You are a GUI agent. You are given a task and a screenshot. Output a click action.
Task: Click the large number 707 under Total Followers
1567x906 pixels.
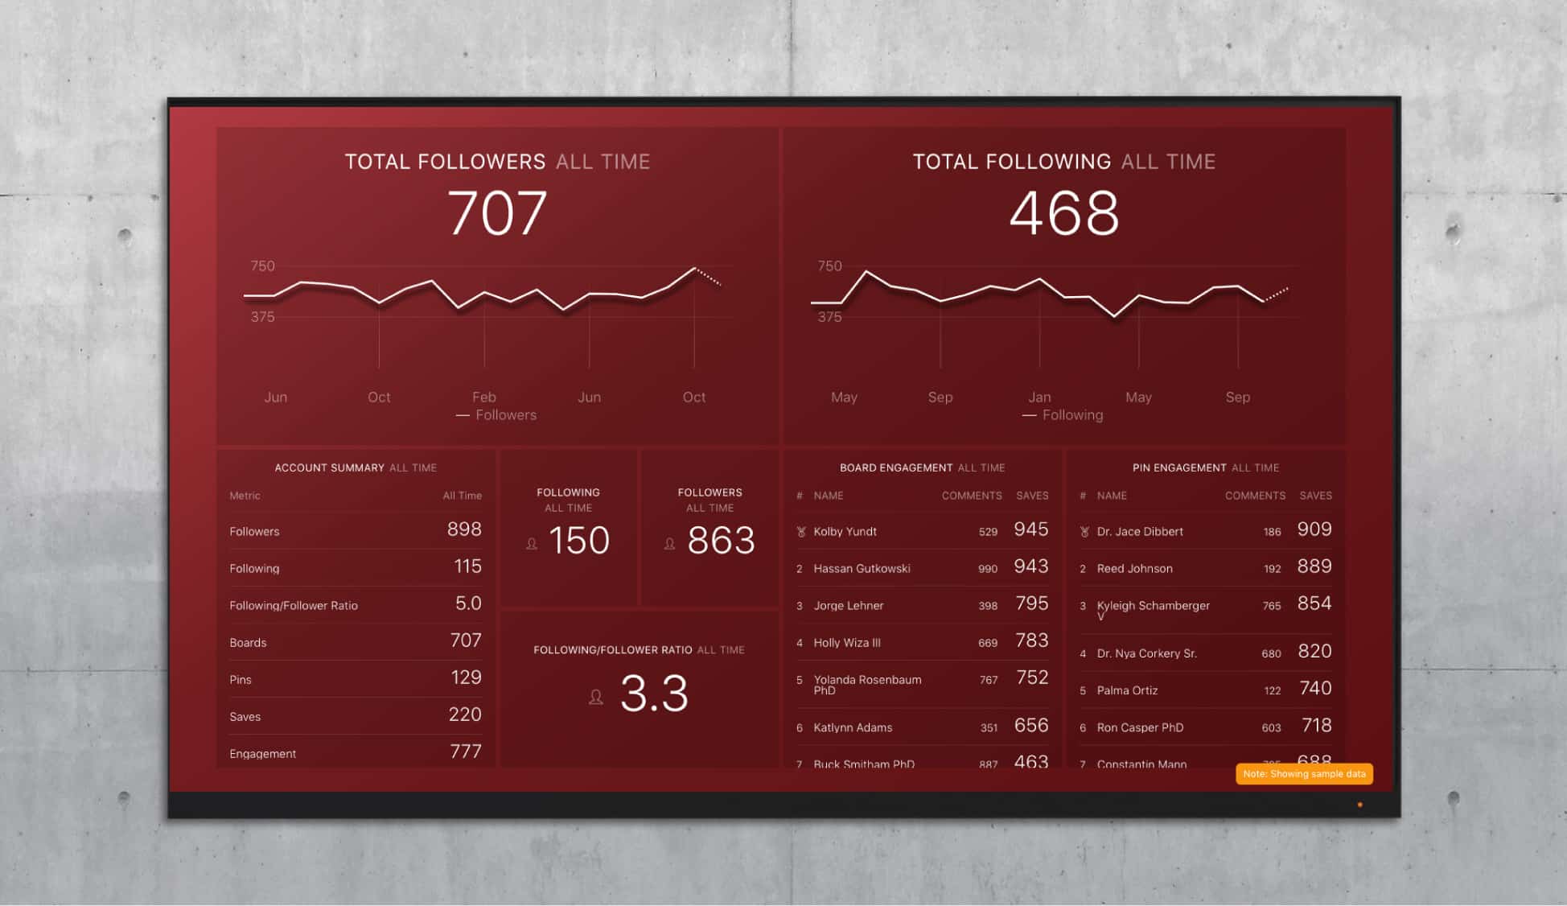[x=497, y=214]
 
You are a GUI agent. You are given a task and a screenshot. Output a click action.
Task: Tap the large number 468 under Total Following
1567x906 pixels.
[x=1063, y=214]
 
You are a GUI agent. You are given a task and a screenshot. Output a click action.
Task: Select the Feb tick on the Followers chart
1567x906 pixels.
[x=483, y=397]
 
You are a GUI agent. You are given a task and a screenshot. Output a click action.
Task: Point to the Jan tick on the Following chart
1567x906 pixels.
[x=1038, y=397]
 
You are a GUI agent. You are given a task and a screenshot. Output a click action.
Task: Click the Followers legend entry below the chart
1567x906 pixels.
[x=504, y=415]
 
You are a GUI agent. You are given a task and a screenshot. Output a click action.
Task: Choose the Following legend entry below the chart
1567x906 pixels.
[x=1071, y=415]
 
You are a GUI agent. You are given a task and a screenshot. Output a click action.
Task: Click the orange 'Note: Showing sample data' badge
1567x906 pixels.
[x=1303, y=774]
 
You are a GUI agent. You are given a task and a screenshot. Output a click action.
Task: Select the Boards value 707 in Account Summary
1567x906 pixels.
[x=465, y=640]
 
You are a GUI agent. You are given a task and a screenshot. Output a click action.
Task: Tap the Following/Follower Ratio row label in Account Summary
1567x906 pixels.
[x=294, y=606]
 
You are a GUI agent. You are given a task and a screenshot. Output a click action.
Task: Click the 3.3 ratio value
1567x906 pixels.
[x=653, y=694]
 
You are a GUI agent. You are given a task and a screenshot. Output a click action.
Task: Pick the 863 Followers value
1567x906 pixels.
[x=720, y=541]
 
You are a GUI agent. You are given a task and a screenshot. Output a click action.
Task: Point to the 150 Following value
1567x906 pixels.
[x=578, y=541]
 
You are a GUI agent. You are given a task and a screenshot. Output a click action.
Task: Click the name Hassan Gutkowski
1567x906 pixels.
[x=862, y=569]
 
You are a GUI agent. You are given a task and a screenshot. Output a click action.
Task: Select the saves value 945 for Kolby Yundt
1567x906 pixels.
[x=1030, y=529]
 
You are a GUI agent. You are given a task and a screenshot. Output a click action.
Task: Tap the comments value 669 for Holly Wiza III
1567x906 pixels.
[x=988, y=643]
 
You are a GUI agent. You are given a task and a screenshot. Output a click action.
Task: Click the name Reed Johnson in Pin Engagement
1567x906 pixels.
[x=1134, y=569]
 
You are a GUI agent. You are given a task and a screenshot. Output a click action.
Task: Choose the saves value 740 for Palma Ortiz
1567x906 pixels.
[x=1315, y=689]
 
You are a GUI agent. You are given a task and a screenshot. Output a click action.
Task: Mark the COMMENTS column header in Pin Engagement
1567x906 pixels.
[x=1254, y=496]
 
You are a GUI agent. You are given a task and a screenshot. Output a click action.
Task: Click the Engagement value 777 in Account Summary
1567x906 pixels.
[x=465, y=752]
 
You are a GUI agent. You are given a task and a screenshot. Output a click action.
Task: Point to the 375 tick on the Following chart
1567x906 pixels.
[x=829, y=317]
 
